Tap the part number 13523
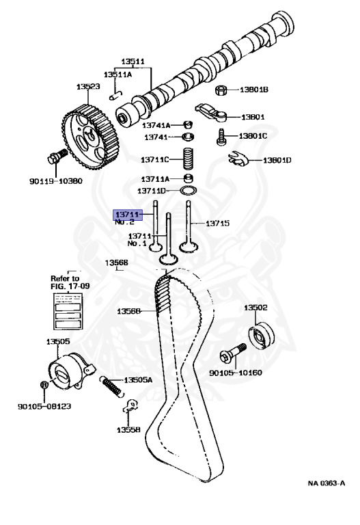pyautogui.click(x=88, y=87)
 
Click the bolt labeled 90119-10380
pyautogui.click(x=57, y=160)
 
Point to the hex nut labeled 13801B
pyautogui.click(x=221, y=90)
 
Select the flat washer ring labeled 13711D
pyautogui.click(x=186, y=191)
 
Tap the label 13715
pyautogui.click(x=218, y=223)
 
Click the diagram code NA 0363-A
pyautogui.click(x=327, y=483)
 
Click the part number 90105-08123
pyautogui.click(x=44, y=405)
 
